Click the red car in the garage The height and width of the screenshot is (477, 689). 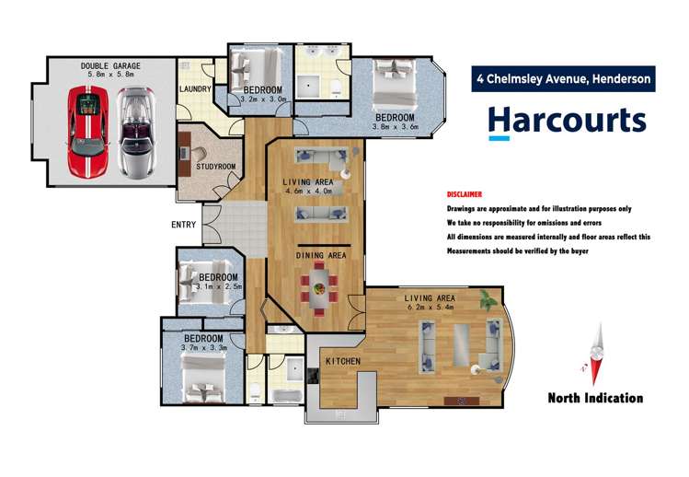click(88, 132)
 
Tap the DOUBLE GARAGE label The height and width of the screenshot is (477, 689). click(109, 65)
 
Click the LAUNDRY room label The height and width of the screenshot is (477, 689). click(196, 89)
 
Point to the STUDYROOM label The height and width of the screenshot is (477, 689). click(216, 167)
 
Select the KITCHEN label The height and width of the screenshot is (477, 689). click(342, 361)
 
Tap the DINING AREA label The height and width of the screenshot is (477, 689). click(320, 254)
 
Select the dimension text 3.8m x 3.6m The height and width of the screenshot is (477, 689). click(396, 127)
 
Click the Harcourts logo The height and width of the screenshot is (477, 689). click(566, 122)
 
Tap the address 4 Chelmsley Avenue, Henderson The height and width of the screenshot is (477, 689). click(563, 79)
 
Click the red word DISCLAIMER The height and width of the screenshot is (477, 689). click(465, 195)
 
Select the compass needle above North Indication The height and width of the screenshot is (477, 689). click(597, 355)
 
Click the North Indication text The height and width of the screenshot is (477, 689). click(595, 399)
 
